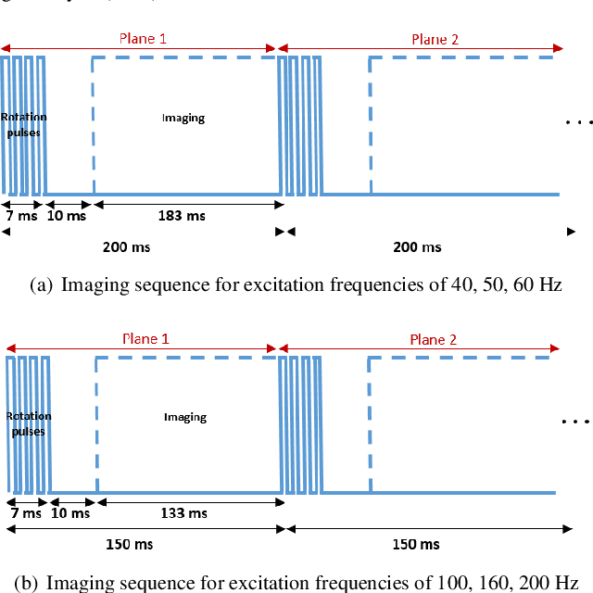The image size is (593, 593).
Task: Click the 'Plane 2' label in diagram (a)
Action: click(435, 39)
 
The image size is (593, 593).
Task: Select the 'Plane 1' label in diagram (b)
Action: click(146, 339)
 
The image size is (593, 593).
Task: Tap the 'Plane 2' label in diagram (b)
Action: click(434, 339)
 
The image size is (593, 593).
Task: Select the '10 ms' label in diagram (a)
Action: click(67, 216)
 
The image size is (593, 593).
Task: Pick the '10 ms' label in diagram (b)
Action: click(70, 512)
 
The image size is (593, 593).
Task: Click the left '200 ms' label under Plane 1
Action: click(126, 247)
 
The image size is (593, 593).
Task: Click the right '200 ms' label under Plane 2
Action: click(418, 247)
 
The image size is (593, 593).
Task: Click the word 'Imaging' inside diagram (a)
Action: click(183, 118)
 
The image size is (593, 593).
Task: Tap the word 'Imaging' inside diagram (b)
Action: click(185, 417)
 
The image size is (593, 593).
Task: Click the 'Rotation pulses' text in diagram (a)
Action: click(23, 125)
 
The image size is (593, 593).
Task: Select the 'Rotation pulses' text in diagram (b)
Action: click(28, 423)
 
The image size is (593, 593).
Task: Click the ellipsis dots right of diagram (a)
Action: click(578, 121)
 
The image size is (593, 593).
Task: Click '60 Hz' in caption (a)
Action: click(540, 285)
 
